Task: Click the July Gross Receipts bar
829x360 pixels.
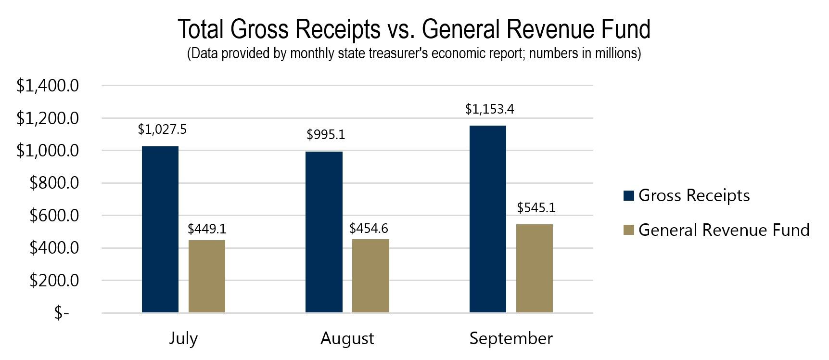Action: (160, 230)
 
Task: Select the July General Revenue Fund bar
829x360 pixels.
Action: (207, 276)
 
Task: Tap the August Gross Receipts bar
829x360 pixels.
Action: (324, 232)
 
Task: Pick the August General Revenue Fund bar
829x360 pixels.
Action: (370, 276)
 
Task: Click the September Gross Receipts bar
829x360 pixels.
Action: (487, 219)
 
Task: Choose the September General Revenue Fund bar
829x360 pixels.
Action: (534, 269)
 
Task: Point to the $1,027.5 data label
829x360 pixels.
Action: (162, 129)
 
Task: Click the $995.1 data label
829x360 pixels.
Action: (326, 135)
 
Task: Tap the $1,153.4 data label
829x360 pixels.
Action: (489, 109)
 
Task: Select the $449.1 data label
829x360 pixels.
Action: (207, 229)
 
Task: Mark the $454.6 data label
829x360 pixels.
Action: (369, 228)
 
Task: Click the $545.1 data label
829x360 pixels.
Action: (536, 207)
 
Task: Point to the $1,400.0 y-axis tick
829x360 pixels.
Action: (48, 86)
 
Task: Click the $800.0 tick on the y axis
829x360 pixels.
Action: (54, 183)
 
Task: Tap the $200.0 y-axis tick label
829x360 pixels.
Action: (54, 281)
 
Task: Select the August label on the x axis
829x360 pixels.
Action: (347, 338)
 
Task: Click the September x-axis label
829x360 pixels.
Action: (511, 338)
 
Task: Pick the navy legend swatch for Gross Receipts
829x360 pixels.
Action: (628, 195)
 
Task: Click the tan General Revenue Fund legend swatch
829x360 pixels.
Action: (628, 230)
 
